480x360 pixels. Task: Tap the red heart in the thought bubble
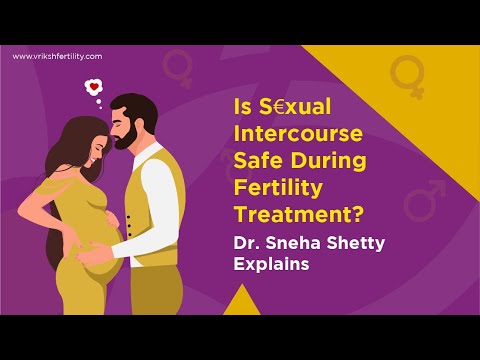[94, 88]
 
